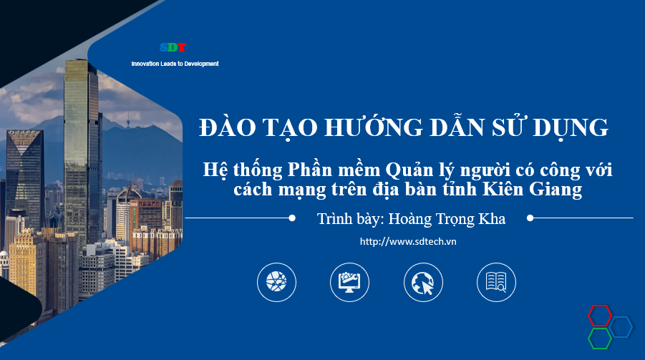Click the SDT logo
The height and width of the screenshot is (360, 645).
pyautogui.click(x=173, y=48)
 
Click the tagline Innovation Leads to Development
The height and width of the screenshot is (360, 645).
pyautogui.click(x=175, y=64)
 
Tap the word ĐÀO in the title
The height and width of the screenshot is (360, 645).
pyautogui.click(x=223, y=127)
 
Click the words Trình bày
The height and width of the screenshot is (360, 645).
pyautogui.click(x=349, y=219)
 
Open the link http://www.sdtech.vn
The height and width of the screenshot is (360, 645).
pyautogui.click(x=409, y=241)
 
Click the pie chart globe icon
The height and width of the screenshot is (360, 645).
pyautogui.click(x=276, y=282)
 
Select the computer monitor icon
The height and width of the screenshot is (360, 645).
pyautogui.click(x=349, y=282)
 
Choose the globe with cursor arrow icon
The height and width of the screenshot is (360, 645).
pyautogui.click(x=423, y=282)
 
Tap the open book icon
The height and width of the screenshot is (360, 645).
pyautogui.click(x=496, y=282)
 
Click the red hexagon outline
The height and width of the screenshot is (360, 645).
pyautogui.click(x=600, y=314)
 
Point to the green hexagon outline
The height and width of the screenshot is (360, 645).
pyautogui.click(x=599, y=338)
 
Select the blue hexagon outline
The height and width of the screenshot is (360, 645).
pyautogui.click(x=621, y=327)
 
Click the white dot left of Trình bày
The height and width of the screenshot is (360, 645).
pyautogui.click(x=292, y=218)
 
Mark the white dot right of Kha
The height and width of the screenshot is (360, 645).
pyautogui.click(x=530, y=218)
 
